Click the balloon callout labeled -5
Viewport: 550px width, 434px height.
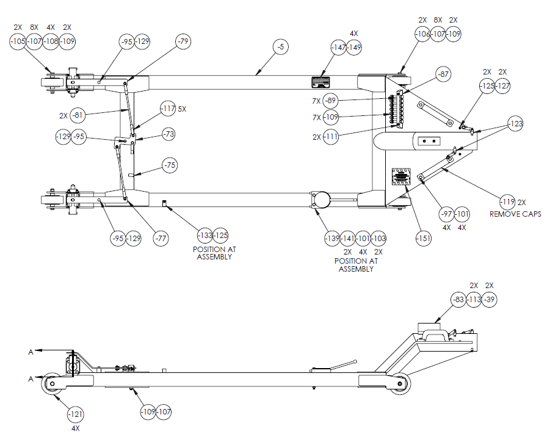tap(280, 46)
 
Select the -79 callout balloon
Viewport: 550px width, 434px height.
tap(183, 41)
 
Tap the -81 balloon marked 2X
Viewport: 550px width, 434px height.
tap(78, 114)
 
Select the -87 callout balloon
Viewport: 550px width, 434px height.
tap(443, 74)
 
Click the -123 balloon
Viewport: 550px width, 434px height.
tap(516, 125)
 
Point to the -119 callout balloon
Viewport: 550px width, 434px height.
tap(507, 201)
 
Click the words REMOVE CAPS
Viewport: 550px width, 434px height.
tap(515, 214)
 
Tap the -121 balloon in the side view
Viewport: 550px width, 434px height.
tap(76, 414)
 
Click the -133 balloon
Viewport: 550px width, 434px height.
tap(205, 235)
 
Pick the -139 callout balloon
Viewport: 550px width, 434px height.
tap(332, 238)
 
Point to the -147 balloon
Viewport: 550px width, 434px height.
tap(339, 48)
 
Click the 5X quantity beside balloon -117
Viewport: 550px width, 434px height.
tap(182, 109)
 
